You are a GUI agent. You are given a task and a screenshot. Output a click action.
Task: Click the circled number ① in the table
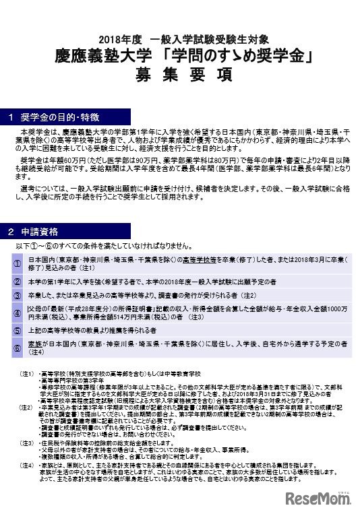click(17, 261)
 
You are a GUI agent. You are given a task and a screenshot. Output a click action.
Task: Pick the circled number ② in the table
click(17, 280)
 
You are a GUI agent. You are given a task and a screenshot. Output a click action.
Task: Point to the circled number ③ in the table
click(17, 294)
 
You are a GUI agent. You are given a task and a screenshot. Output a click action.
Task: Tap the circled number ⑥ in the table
click(17, 348)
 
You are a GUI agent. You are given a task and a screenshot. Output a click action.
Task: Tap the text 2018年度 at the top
click(115, 37)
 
